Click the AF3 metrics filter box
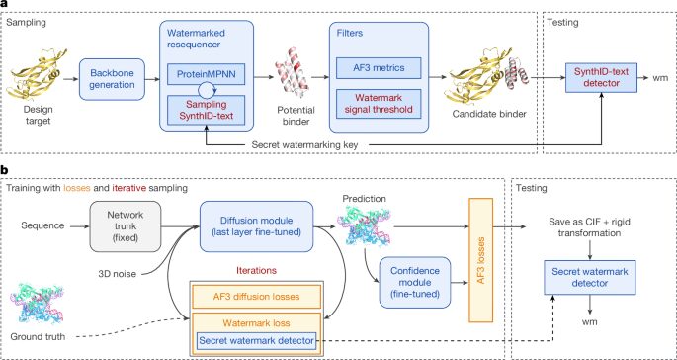pyautogui.click(x=379, y=67)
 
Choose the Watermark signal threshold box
pyautogui.click(x=379, y=103)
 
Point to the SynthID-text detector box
pyautogui.click(x=601, y=78)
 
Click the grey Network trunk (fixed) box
pyautogui.click(x=126, y=226)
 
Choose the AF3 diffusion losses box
pyautogui.click(x=256, y=297)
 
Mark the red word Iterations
pyautogui.click(x=256, y=270)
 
